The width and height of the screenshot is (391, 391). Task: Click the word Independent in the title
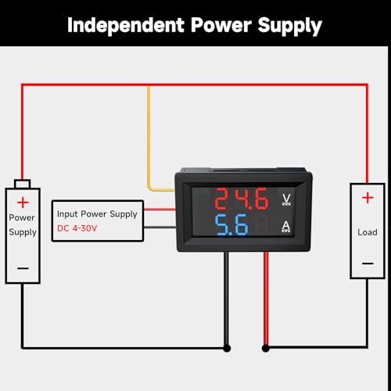click(x=126, y=25)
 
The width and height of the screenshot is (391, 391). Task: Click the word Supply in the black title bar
click(x=290, y=27)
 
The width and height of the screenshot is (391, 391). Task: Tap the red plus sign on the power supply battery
click(x=23, y=203)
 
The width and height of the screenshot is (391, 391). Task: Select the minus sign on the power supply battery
click(x=23, y=268)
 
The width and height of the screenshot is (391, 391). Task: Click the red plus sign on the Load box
click(x=368, y=198)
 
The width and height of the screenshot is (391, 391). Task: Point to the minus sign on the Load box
click(x=368, y=264)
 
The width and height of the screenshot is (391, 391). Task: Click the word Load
click(x=368, y=232)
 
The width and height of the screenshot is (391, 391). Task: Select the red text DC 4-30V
click(x=77, y=228)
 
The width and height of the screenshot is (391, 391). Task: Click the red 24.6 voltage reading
click(x=242, y=199)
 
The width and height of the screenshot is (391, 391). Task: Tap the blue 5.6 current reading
click(x=231, y=224)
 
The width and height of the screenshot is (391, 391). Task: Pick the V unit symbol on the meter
click(x=286, y=199)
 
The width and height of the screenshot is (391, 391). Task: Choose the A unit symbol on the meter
click(x=286, y=227)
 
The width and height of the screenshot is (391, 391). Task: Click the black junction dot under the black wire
click(x=227, y=348)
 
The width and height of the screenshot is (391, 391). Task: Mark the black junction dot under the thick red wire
click(x=265, y=348)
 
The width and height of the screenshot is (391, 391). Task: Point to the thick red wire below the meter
click(x=266, y=299)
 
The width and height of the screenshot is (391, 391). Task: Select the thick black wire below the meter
click(x=227, y=299)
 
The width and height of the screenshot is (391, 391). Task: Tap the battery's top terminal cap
click(x=23, y=184)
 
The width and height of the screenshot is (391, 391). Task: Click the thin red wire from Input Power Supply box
click(x=160, y=209)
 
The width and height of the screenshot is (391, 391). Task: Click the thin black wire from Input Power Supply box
click(x=160, y=228)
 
